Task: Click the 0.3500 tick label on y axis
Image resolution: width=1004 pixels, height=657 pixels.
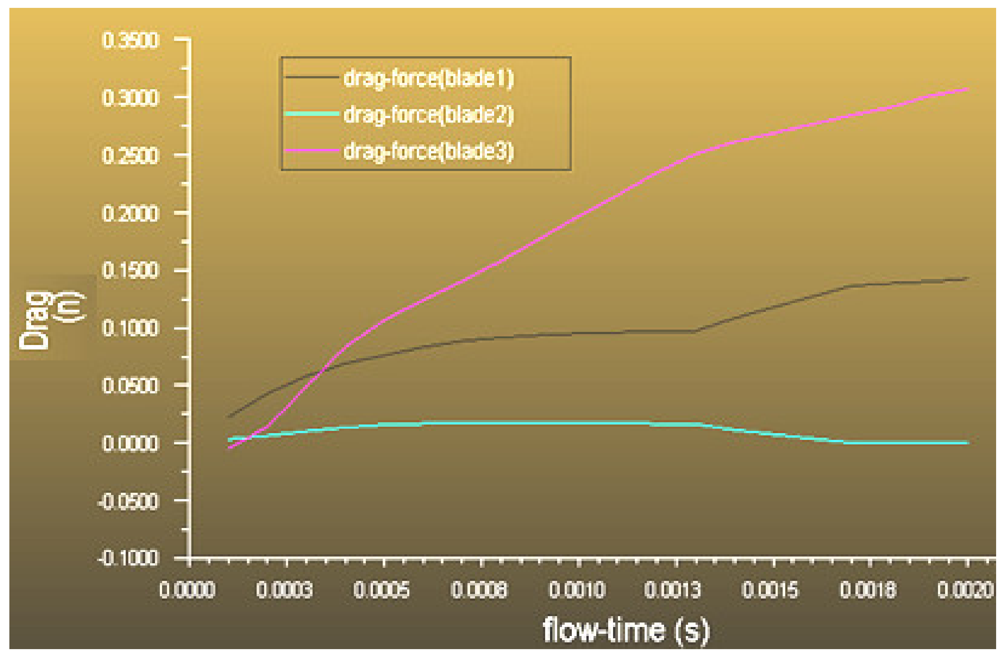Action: click(x=130, y=41)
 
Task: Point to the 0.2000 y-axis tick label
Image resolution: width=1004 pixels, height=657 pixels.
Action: click(x=130, y=214)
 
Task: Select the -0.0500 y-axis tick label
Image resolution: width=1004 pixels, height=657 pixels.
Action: click(x=128, y=502)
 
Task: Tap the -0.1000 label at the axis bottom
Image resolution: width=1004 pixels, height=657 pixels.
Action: click(x=128, y=559)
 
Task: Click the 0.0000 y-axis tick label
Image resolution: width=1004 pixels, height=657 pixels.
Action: click(x=130, y=444)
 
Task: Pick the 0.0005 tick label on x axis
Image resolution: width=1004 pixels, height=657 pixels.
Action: click(x=381, y=590)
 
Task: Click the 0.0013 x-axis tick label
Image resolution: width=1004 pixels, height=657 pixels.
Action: click(x=672, y=590)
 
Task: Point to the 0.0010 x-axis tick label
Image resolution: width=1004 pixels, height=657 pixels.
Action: click(x=577, y=590)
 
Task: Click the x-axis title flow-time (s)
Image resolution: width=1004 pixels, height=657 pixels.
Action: click(x=626, y=631)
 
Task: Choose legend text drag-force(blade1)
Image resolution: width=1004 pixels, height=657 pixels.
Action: click(x=428, y=78)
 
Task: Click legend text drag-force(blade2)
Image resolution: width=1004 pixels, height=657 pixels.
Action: click(x=428, y=115)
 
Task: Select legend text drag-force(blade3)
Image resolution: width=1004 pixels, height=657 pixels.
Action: click(x=428, y=151)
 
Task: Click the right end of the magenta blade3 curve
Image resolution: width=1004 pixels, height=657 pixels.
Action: click(x=967, y=89)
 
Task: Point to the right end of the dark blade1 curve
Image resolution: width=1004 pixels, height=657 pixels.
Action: click(x=967, y=278)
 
